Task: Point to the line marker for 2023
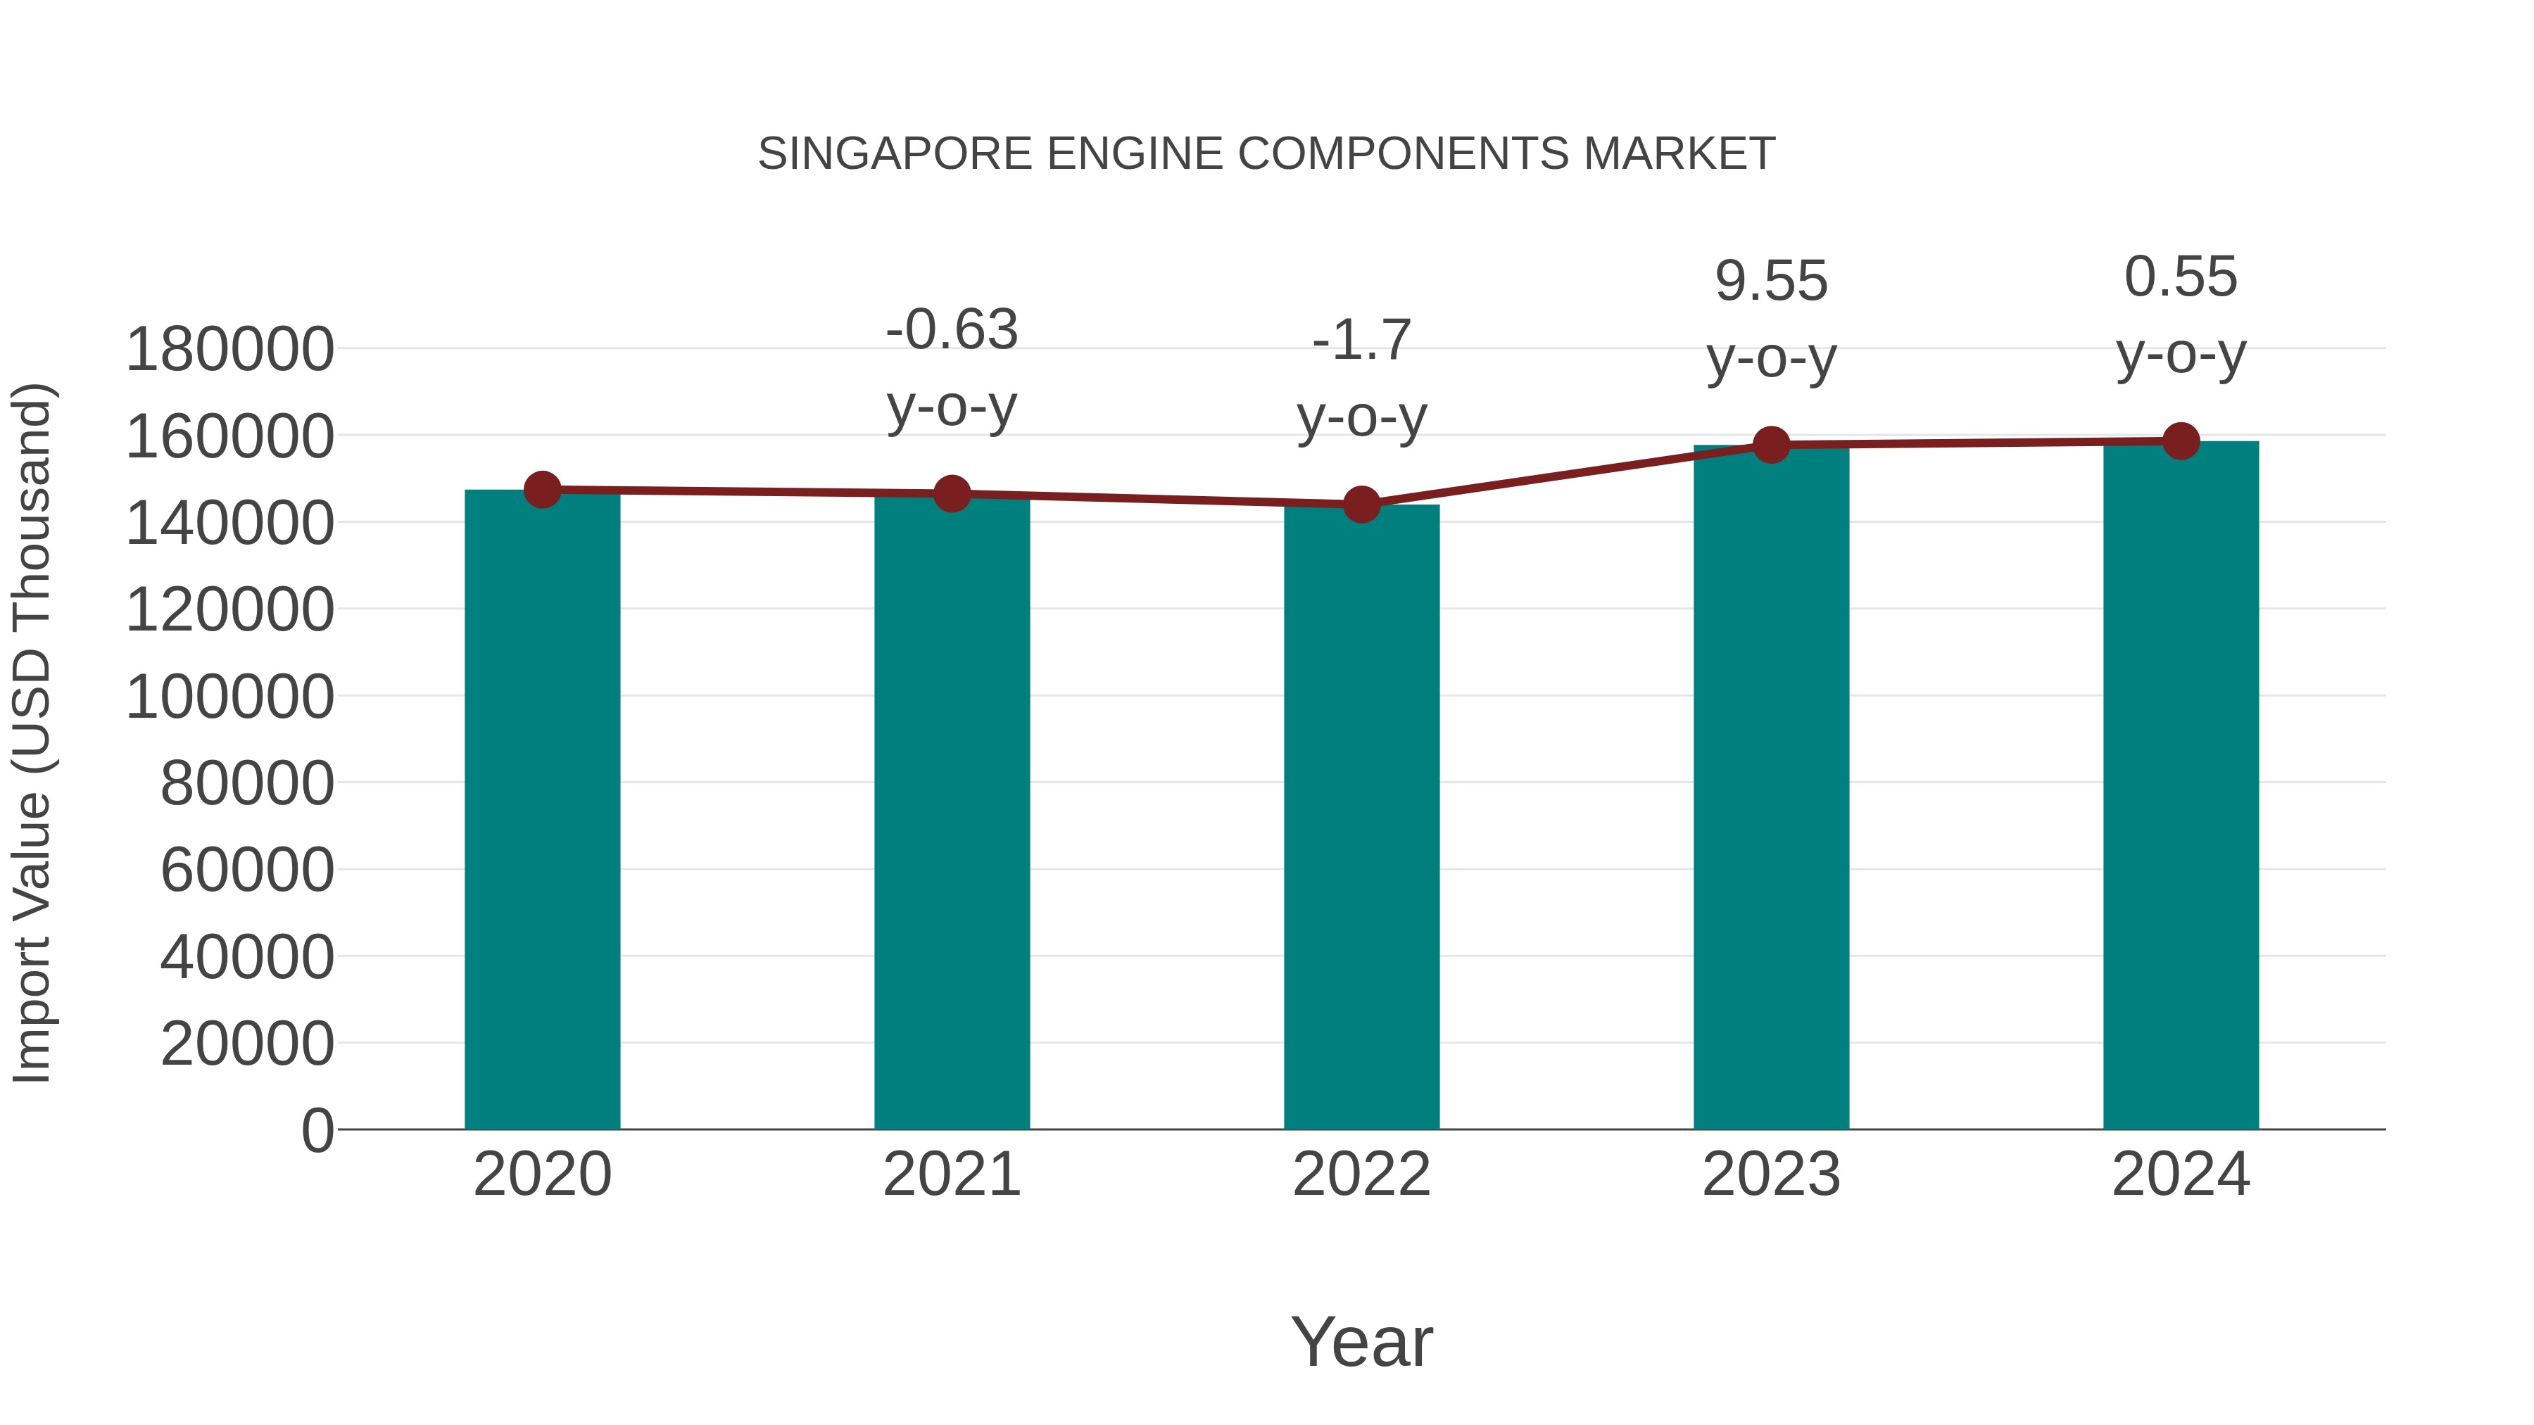coord(1771,445)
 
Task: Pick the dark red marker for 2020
coord(542,490)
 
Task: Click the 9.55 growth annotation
coord(1771,282)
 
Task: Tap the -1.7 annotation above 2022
coord(1361,341)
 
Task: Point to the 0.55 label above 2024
coord(2181,277)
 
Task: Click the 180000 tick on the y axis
coord(230,350)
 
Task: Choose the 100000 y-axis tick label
coord(230,697)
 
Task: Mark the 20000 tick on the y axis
coord(247,1044)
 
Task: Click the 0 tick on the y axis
coord(317,1130)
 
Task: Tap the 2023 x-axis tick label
coord(1771,1174)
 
